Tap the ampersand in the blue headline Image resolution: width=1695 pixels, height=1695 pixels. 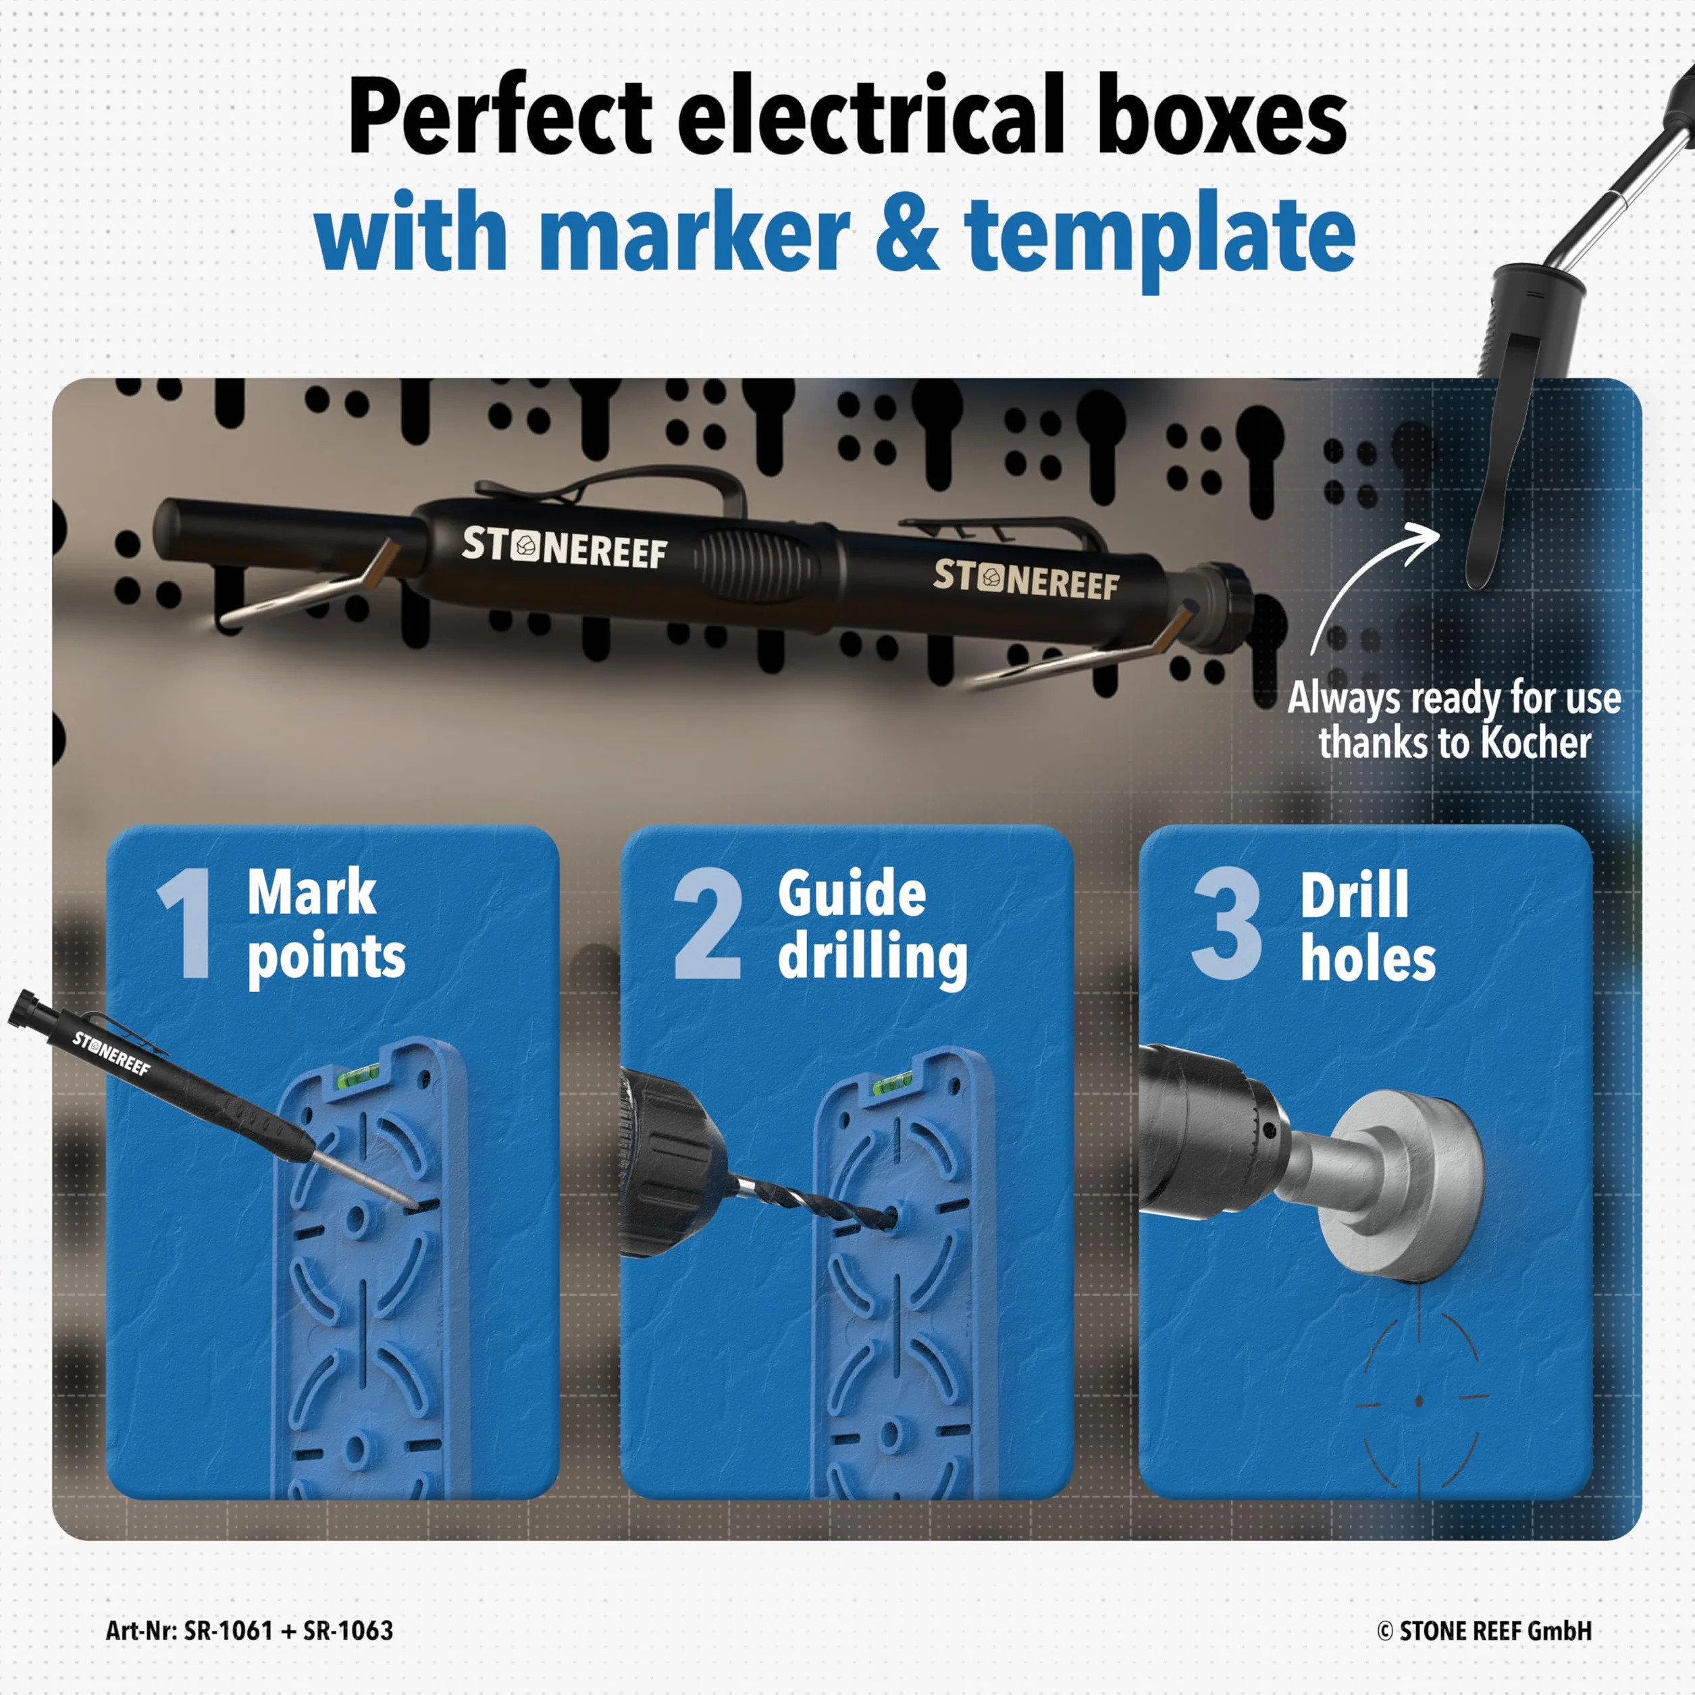point(907,234)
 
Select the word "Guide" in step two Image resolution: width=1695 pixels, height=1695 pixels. point(851,893)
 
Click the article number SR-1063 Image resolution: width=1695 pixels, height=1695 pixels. point(348,1631)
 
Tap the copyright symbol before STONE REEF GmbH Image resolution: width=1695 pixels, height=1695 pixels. point(1385,1632)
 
